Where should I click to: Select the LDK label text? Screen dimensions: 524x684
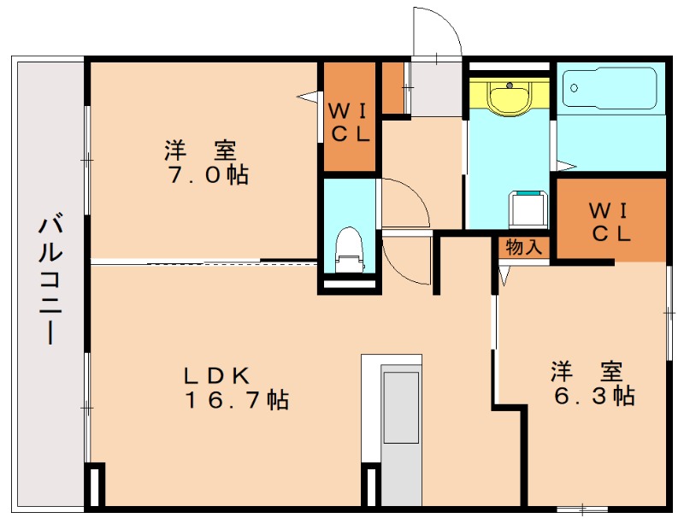tap(217, 374)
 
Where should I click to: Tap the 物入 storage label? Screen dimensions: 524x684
tap(523, 248)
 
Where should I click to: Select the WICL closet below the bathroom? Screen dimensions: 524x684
tap(610, 221)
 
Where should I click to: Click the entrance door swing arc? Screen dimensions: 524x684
tap(438, 34)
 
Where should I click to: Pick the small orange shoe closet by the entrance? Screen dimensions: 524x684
tap(393, 88)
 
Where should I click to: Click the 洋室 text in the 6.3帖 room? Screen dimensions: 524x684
tap(586, 372)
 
